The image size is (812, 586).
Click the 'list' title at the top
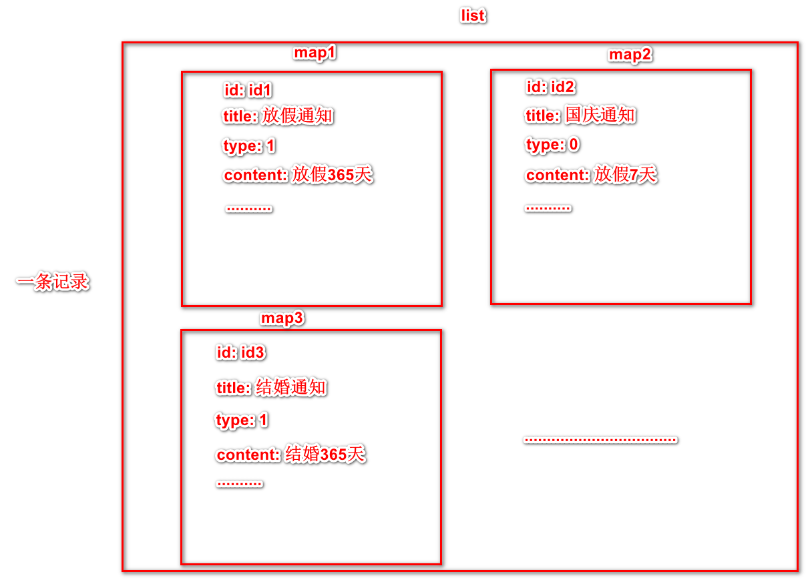[x=473, y=16]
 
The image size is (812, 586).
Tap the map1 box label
[x=315, y=53]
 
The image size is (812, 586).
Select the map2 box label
[x=630, y=55]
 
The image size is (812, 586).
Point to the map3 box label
[x=282, y=318]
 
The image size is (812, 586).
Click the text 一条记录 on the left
[x=53, y=282]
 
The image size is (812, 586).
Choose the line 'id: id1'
[x=248, y=91]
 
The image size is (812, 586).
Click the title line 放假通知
[x=278, y=116]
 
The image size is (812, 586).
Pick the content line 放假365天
[x=298, y=176]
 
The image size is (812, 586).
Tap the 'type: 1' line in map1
[x=249, y=146]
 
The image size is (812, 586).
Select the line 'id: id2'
[x=550, y=87]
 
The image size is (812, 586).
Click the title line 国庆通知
[x=580, y=115]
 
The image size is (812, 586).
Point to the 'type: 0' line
[x=552, y=145]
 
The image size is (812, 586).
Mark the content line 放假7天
[x=591, y=175]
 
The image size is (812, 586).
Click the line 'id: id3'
[x=241, y=352]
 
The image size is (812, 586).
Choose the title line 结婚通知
[x=271, y=387]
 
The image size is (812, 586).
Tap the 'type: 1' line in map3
[x=242, y=420]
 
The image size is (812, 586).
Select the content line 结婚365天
[x=290, y=455]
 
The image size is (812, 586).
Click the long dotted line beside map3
[x=600, y=440]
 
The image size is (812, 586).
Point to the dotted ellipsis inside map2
[x=548, y=208]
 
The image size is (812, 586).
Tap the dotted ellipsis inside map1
[x=249, y=209]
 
